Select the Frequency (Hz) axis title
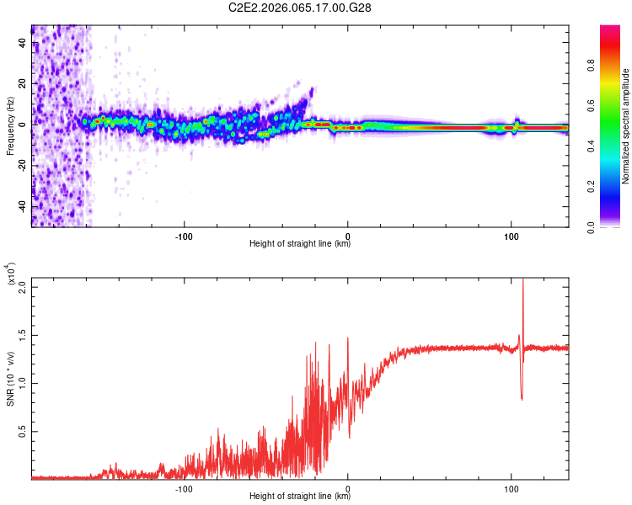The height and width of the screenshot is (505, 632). (x=10, y=126)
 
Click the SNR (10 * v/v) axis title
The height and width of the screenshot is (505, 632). (x=10, y=376)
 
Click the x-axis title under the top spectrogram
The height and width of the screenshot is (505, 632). (x=300, y=244)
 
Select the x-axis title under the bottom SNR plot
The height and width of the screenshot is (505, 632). (x=300, y=496)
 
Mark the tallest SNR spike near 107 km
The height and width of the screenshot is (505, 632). (x=522, y=282)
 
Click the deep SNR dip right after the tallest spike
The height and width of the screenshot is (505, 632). (x=522, y=398)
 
